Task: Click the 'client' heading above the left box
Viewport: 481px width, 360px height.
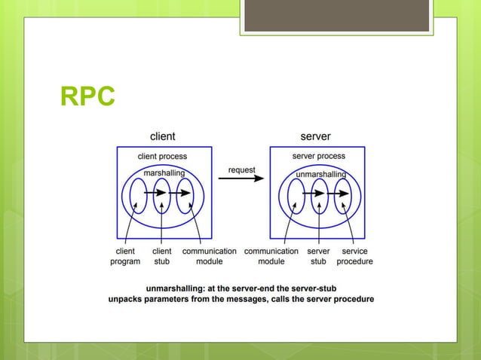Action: pos(163,136)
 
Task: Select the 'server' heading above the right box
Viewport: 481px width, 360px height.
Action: pos(315,136)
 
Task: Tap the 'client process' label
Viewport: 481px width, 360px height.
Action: pos(162,156)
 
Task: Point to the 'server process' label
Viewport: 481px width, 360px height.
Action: pos(319,156)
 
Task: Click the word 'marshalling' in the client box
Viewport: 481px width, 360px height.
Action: pos(164,173)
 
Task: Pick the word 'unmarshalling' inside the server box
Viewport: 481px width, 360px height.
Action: pos(320,174)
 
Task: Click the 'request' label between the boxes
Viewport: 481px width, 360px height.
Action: pos(242,169)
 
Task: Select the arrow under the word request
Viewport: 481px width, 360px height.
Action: pos(242,179)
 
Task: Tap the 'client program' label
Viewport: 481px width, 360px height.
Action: pos(125,256)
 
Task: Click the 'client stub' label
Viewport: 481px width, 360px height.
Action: pos(162,256)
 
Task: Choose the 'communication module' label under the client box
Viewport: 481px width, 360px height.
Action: pos(209,256)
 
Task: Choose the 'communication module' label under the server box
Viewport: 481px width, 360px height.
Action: pos(271,256)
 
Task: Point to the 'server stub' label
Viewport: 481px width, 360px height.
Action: pos(319,256)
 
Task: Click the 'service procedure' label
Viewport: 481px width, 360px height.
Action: pos(354,256)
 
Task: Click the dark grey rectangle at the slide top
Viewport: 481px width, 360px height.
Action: pos(336,15)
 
